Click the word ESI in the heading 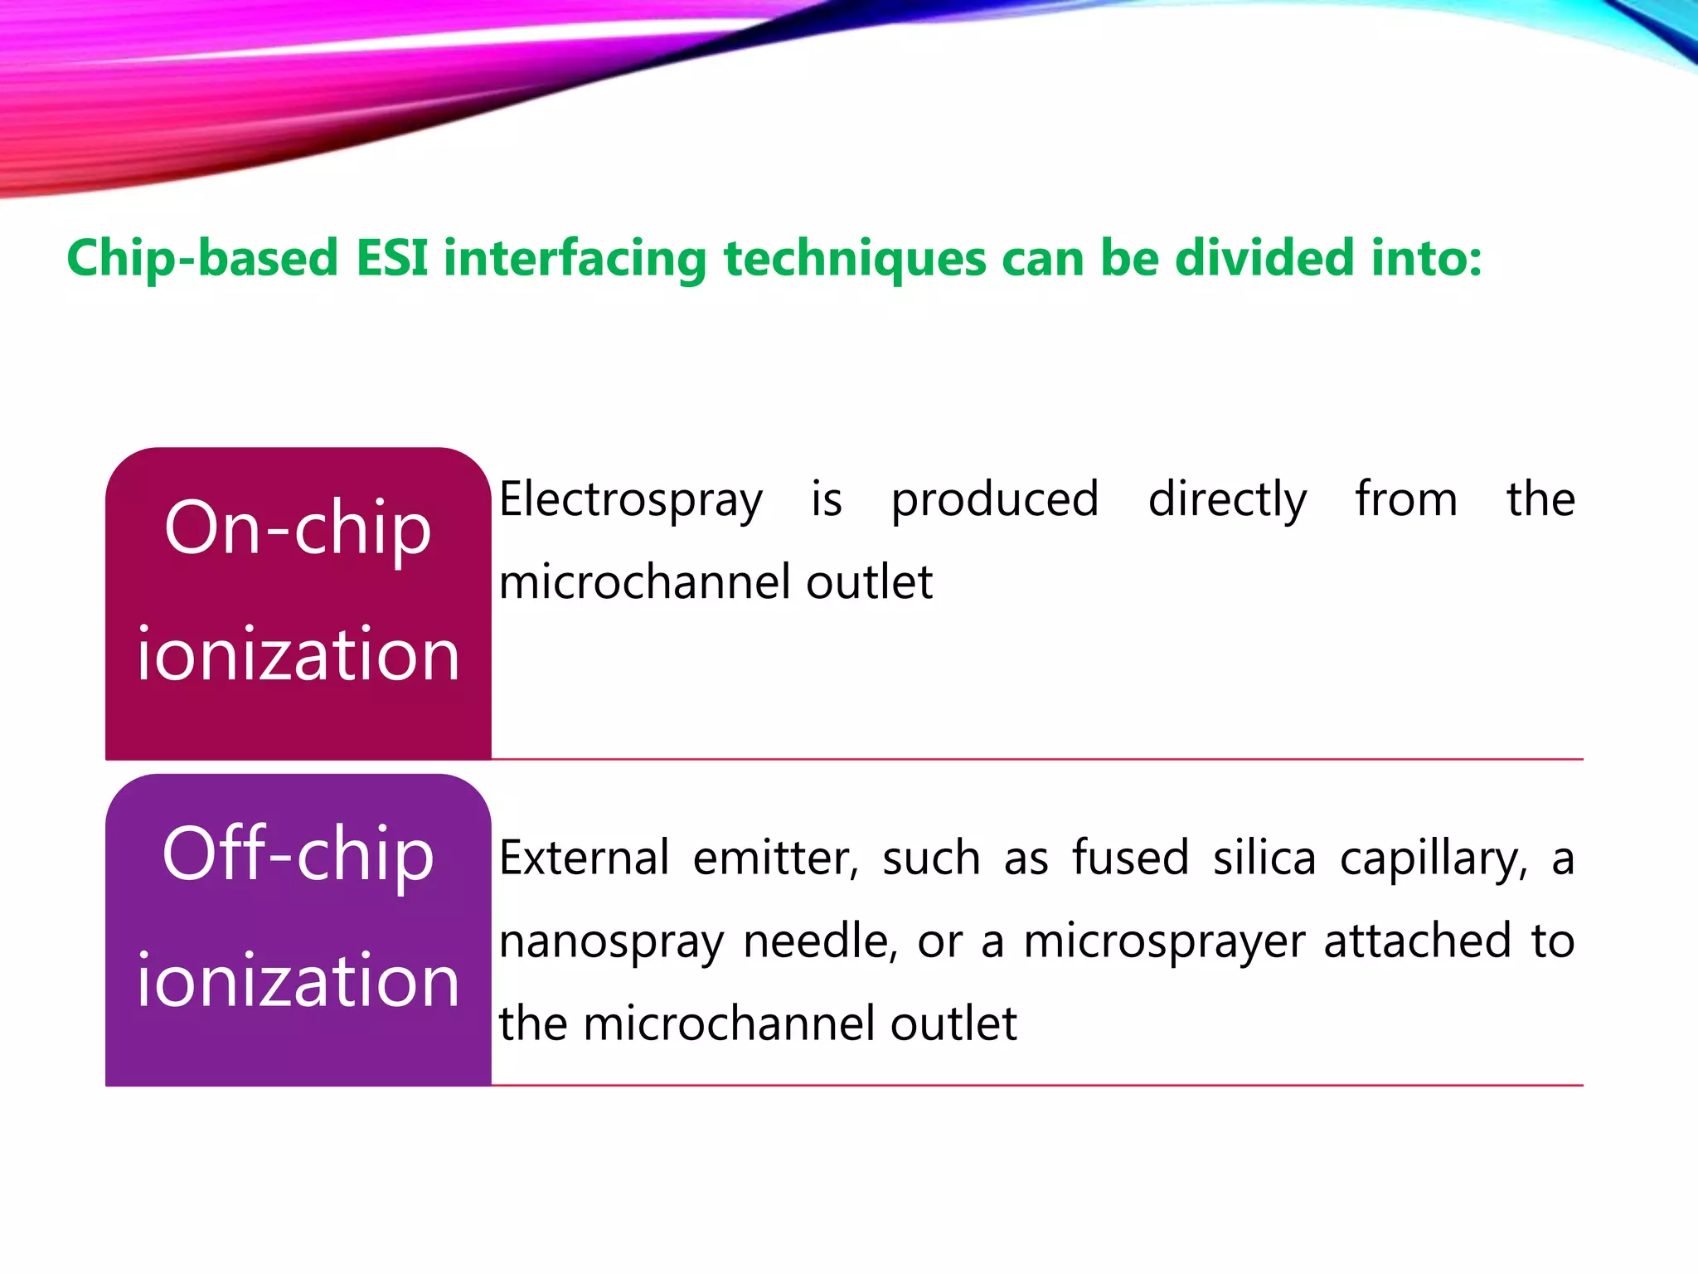click(391, 258)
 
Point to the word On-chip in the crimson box click(298, 529)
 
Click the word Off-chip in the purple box click(298, 854)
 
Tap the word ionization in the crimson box click(298, 654)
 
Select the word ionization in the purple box click(298, 980)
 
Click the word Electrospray click(630, 501)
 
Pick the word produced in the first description click(995, 501)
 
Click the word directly click(1227, 501)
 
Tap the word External click(584, 858)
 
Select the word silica click(1264, 858)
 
